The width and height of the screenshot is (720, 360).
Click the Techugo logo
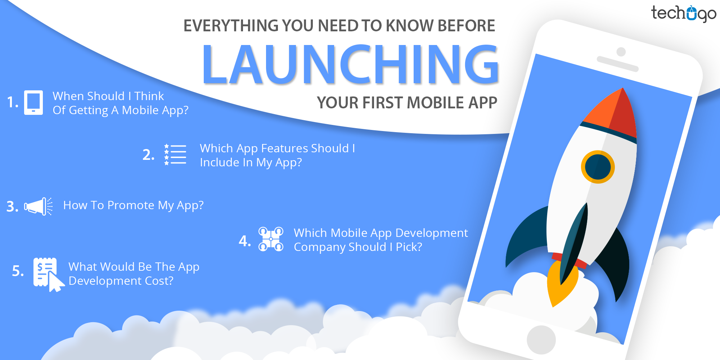[x=683, y=14]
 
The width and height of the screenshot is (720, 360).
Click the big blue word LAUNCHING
[x=350, y=65]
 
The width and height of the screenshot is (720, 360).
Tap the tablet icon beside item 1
[x=33, y=103]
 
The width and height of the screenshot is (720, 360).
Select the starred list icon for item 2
[x=175, y=155]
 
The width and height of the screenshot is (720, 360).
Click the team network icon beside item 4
[x=271, y=239]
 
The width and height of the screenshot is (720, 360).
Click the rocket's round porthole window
[x=598, y=167]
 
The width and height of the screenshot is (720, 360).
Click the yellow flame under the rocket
[x=560, y=284]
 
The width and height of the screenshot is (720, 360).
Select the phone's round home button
[x=541, y=339]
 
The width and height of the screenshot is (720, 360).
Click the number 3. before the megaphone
[x=12, y=207]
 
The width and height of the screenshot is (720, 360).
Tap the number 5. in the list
[x=18, y=271]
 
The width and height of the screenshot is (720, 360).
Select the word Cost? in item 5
[x=159, y=281]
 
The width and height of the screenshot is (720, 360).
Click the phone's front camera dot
[x=621, y=51]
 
